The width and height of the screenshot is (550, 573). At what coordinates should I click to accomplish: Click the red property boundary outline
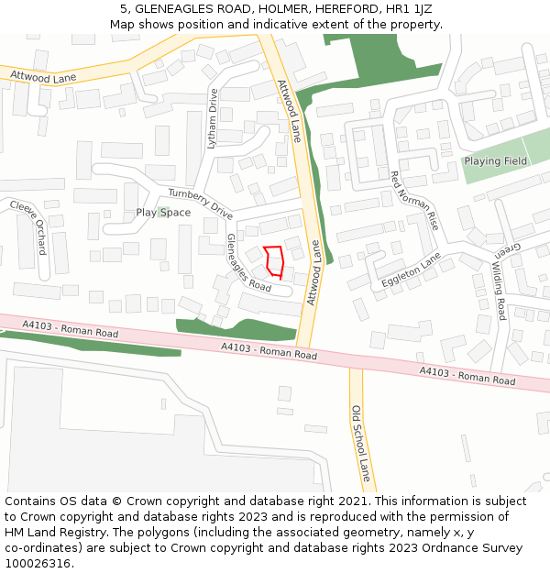click(x=272, y=261)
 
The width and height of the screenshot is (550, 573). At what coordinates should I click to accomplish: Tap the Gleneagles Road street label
click(x=247, y=262)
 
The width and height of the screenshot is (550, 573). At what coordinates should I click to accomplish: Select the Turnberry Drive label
click(x=200, y=204)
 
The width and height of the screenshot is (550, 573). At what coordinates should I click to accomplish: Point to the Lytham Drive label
click(x=213, y=118)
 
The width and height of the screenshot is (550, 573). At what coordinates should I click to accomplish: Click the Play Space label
click(x=163, y=213)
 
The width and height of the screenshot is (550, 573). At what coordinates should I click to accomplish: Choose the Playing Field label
click(x=495, y=161)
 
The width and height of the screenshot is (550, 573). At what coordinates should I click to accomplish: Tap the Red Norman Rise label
click(x=414, y=200)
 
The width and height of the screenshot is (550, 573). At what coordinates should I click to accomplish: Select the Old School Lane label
click(x=360, y=444)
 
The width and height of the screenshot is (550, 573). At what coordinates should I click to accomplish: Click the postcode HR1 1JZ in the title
click(x=409, y=9)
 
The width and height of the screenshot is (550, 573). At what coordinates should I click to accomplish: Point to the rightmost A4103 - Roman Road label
click(x=467, y=374)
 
